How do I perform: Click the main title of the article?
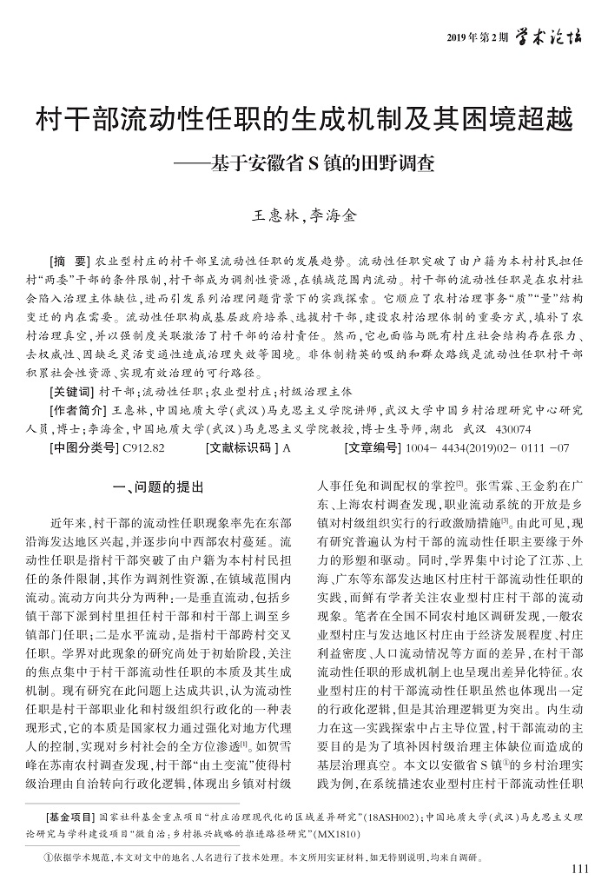pos(303,119)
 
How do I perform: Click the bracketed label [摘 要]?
pos(71,261)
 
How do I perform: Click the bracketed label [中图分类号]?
pos(84,449)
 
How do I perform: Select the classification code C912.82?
pos(144,449)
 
